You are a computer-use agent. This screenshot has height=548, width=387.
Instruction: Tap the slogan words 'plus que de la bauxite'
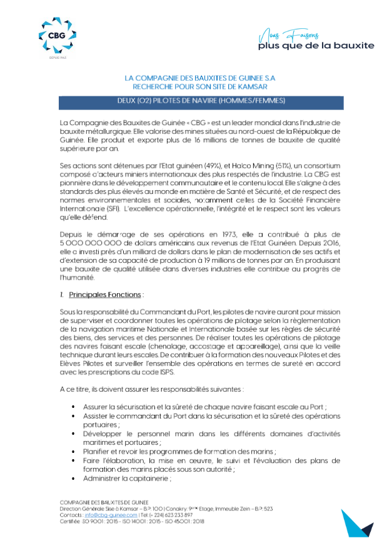[316, 45]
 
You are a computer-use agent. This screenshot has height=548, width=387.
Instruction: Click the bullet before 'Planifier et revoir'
[76, 450]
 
